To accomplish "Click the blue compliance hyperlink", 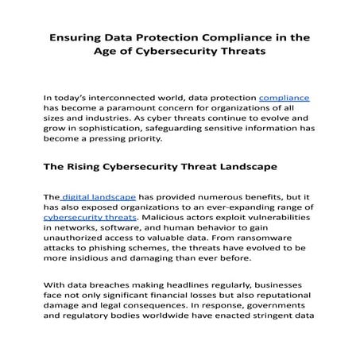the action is pyautogui.click(x=284, y=98).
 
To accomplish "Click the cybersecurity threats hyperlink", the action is pyautogui.click(x=90, y=216).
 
